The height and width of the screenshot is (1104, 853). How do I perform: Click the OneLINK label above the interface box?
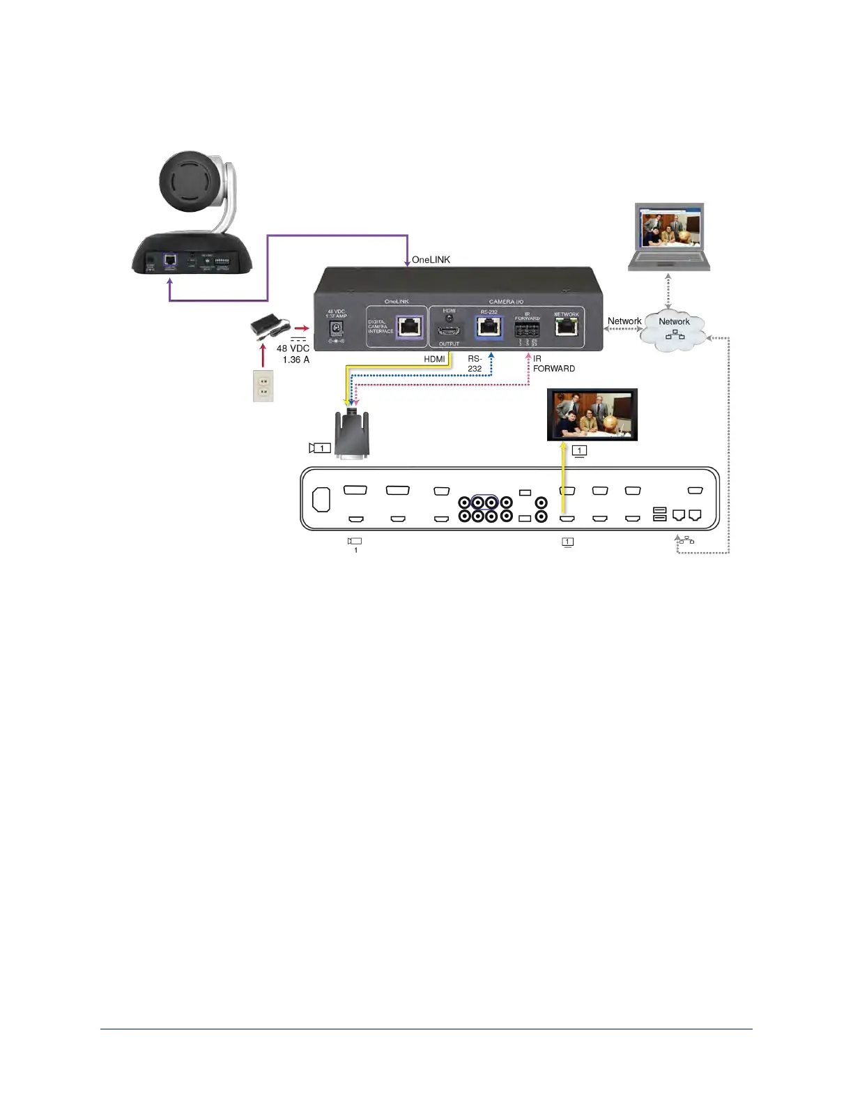[x=431, y=260]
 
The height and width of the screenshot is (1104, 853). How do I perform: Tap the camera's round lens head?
[x=192, y=182]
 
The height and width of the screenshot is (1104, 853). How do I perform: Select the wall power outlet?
[x=263, y=386]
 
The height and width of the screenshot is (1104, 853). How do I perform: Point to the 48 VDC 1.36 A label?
[x=293, y=354]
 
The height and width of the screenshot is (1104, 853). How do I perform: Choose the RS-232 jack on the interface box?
[x=489, y=327]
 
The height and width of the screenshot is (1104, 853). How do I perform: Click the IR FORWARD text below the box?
[x=553, y=364]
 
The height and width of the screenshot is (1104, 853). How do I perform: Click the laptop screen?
[x=669, y=228]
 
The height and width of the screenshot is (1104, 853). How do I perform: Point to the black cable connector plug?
[x=352, y=435]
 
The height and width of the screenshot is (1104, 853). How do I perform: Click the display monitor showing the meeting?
[x=592, y=415]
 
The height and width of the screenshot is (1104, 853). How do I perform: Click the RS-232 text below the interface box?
[x=475, y=364]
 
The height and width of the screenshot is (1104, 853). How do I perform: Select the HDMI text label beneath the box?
[x=434, y=360]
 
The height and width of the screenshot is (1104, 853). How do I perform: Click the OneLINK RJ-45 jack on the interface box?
[x=408, y=325]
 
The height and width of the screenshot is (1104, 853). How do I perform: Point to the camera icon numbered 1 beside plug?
[x=320, y=448]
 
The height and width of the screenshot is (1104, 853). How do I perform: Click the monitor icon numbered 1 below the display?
[x=579, y=451]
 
